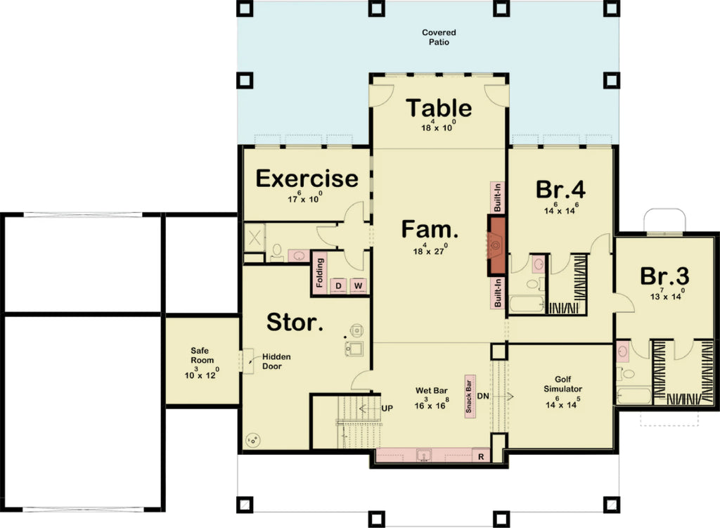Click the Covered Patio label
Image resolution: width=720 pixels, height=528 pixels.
(x=439, y=37)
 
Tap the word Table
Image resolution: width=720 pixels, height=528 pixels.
(x=439, y=108)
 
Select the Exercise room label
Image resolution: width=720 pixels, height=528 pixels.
(x=307, y=179)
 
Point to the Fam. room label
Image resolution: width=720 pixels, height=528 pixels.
(x=430, y=229)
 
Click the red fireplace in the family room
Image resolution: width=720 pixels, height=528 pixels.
(x=497, y=245)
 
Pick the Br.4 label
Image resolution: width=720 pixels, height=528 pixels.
(x=560, y=190)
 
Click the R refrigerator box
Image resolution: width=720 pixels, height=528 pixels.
(x=481, y=456)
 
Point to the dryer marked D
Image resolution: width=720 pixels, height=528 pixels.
(x=338, y=285)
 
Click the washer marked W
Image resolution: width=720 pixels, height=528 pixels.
(x=358, y=285)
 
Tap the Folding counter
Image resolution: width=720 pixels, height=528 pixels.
(x=319, y=273)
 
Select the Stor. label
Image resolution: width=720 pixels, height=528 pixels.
(x=295, y=323)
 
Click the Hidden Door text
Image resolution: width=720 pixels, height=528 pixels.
(x=276, y=361)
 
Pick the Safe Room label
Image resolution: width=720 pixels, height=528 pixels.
(x=202, y=355)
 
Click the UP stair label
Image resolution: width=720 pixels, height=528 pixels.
(x=387, y=408)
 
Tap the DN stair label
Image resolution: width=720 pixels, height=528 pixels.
(x=483, y=396)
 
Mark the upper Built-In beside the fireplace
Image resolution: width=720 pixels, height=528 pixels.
(x=497, y=199)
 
